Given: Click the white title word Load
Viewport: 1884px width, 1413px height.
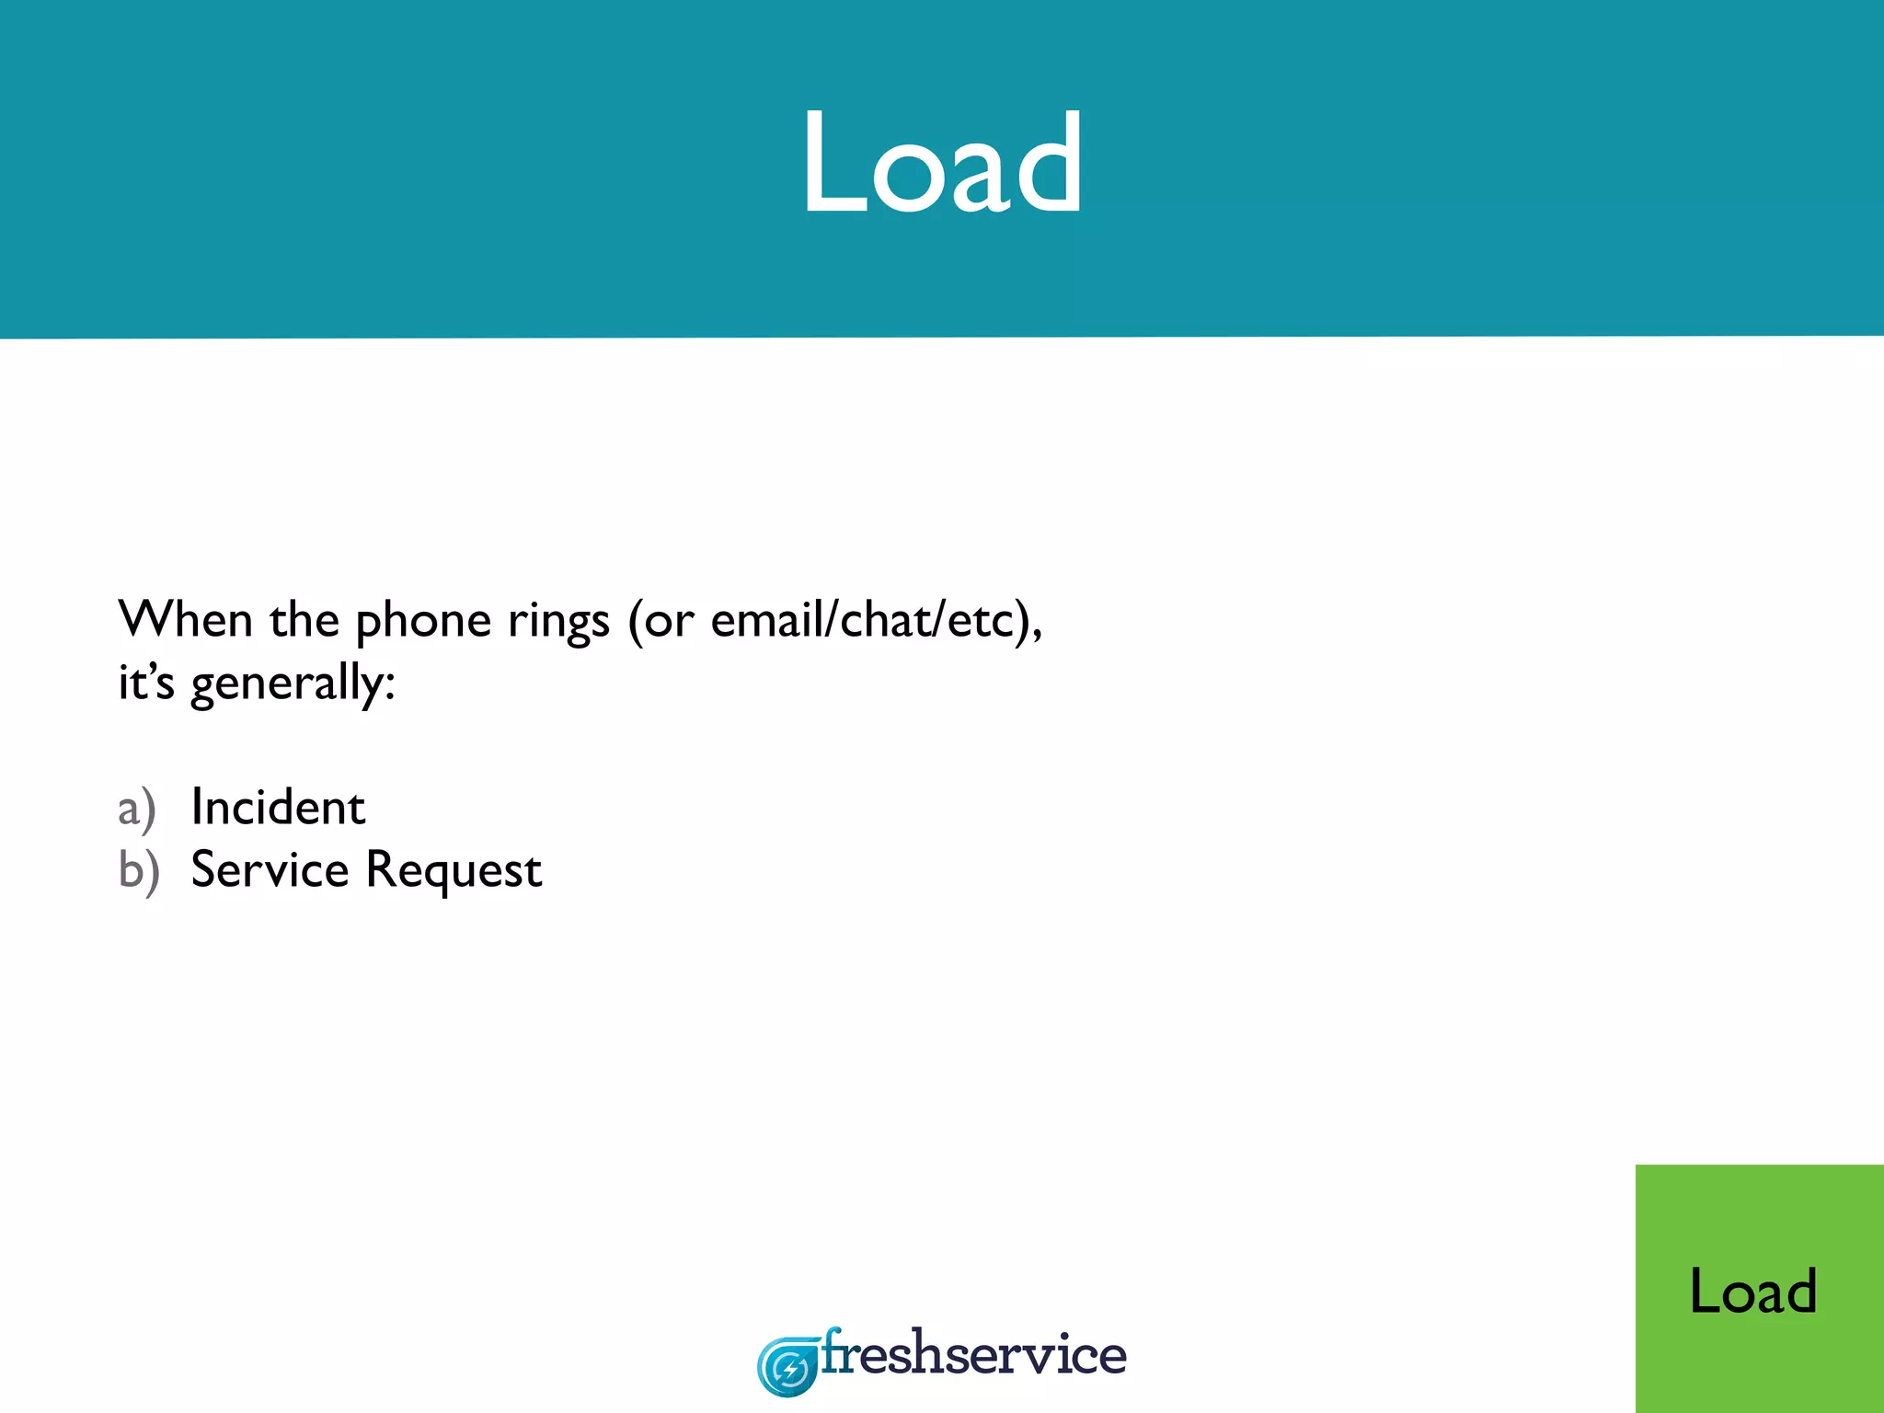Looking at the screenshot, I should pyautogui.click(x=942, y=164).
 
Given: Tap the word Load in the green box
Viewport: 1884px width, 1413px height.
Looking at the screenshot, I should pyautogui.click(x=1753, y=1291).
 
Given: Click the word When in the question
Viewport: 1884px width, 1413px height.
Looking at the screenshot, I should pyautogui.click(x=185, y=619).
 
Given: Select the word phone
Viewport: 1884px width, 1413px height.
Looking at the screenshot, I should pyautogui.click(x=423, y=622).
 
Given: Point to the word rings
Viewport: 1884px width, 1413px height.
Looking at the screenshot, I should pyautogui.click(x=558, y=622).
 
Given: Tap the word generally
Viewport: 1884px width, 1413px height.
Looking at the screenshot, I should pyautogui.click(x=285, y=684).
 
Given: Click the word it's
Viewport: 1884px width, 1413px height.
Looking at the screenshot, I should pyautogui.click(x=145, y=683).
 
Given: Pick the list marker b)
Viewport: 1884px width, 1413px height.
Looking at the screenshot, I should pyautogui.click(x=139, y=871).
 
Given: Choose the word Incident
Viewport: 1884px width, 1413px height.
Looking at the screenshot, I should pyautogui.click(x=278, y=808).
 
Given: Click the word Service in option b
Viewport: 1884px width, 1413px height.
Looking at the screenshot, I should pyautogui.click(x=270, y=870).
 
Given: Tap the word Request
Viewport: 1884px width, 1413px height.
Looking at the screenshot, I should pyautogui.click(x=454, y=871).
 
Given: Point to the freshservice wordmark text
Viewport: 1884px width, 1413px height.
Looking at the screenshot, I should pyautogui.click(x=973, y=1354).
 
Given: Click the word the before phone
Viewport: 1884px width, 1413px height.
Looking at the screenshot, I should pyautogui.click(x=304, y=619).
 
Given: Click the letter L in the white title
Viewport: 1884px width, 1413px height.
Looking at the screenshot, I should pyautogui.click(x=831, y=164).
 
